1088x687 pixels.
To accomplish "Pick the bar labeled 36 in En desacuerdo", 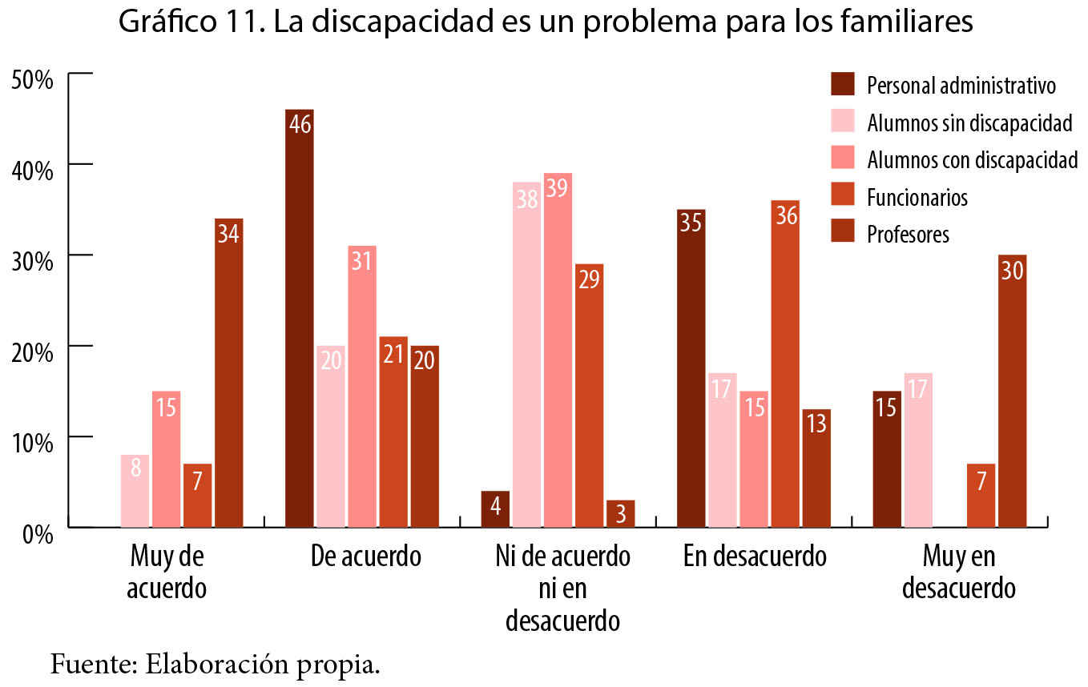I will pos(785,364).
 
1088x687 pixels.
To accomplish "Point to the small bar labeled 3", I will pos(620,513).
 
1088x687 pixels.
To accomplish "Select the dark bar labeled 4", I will pos(495,508).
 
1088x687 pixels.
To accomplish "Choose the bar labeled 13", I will pos(816,468).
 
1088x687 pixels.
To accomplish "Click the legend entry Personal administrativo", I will pos(961,85).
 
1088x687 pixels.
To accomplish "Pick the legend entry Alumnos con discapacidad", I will pos(972,159).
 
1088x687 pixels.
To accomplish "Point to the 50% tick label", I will pos(32,80).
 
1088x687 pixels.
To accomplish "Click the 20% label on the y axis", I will pos(32,352).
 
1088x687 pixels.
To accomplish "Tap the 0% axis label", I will pos(37,534).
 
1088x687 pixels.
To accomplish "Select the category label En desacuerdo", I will pos(755,556).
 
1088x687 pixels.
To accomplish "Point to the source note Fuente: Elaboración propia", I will pos(215,665).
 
